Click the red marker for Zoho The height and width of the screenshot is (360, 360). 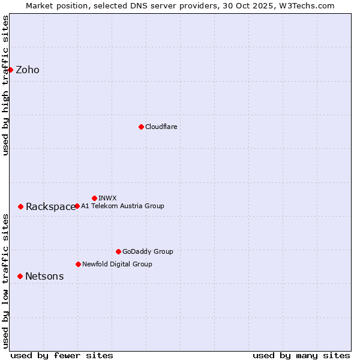click(10, 70)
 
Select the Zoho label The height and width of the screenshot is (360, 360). click(28, 70)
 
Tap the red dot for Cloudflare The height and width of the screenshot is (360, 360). click(141, 127)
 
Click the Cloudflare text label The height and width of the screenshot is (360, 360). click(161, 127)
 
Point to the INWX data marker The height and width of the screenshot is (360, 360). click(94, 198)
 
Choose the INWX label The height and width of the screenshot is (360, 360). click(107, 198)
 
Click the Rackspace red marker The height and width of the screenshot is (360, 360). click(20, 206)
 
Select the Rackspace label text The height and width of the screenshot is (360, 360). click(50, 207)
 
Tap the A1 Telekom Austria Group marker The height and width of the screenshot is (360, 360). click(77, 206)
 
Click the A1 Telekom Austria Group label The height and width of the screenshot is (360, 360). click(122, 206)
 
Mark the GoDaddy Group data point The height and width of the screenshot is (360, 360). click(118, 251)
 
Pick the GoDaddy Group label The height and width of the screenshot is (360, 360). click(148, 251)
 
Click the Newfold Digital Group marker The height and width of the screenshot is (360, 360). click(78, 264)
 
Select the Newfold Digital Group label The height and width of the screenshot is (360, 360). click(117, 264)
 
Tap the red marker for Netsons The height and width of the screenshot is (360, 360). click(20, 276)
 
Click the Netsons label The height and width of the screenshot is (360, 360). click(44, 277)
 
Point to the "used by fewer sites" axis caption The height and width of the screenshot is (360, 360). click(62, 355)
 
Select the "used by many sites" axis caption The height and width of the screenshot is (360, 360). click(301, 355)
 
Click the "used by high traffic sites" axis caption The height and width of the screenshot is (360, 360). click(5, 85)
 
